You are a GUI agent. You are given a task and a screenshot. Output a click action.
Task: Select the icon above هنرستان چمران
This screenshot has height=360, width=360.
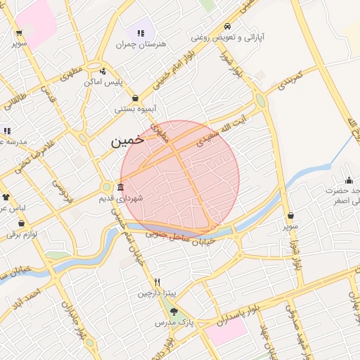(141, 32)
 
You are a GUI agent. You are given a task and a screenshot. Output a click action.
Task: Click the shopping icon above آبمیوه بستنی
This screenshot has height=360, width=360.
(134, 98)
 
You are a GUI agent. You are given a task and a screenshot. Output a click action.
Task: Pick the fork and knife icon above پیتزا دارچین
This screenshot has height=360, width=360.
(157, 281)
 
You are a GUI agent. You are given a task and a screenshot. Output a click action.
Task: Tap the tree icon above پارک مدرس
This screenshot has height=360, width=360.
(174, 311)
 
